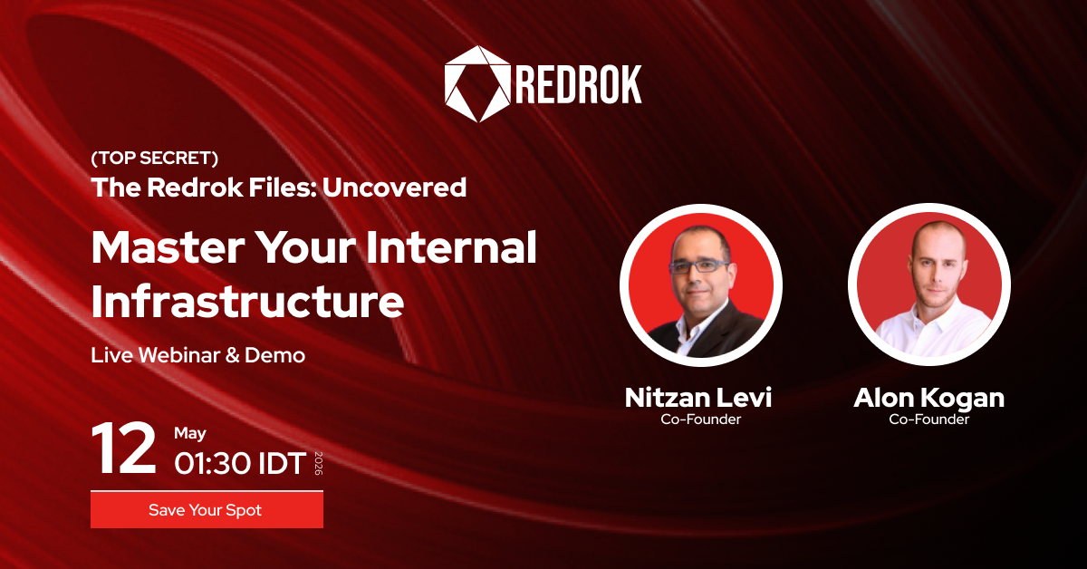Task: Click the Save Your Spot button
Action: [207, 510]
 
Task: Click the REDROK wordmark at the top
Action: [579, 84]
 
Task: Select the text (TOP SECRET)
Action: [155, 159]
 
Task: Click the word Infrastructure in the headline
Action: [247, 302]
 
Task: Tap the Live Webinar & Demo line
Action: [197, 355]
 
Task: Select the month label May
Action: [190, 434]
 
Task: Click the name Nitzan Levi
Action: [698, 398]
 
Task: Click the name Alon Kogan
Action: [928, 398]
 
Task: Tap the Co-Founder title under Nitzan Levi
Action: [698, 420]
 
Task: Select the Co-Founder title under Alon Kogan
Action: [928, 420]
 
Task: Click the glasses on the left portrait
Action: [697, 266]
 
